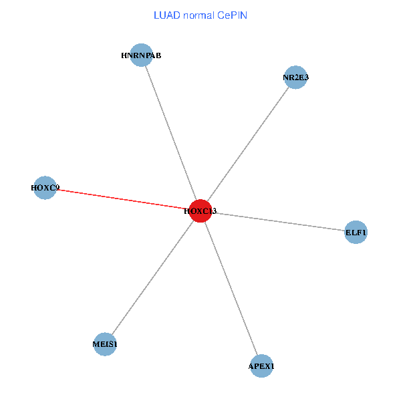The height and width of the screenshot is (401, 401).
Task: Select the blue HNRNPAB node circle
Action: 141,55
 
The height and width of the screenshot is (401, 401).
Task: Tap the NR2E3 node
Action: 295,78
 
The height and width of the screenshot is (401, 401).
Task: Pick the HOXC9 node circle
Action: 45,188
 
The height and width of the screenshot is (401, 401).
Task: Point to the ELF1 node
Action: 356,233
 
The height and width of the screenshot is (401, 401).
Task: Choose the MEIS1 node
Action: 105,344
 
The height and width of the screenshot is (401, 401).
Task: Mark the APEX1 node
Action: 261,366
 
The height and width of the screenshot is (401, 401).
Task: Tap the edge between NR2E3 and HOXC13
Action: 248,144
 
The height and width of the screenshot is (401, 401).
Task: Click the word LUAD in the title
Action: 166,15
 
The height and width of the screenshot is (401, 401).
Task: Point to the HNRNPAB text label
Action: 141,55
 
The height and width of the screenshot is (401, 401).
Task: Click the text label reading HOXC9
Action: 45,188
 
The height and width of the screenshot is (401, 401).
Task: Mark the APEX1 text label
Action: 261,366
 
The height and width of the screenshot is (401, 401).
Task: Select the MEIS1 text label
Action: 105,344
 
